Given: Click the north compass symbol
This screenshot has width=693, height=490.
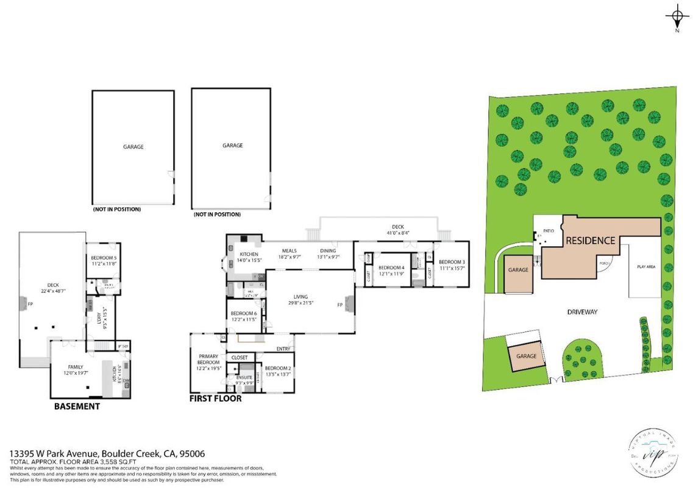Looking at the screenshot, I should point(677,16).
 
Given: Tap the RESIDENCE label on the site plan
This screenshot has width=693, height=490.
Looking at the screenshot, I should point(590,240).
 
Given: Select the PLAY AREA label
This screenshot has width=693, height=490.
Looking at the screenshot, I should point(646,267).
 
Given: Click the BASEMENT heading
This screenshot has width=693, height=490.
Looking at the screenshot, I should point(77,406).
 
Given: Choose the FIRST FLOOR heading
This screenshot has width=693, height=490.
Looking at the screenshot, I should point(215,399).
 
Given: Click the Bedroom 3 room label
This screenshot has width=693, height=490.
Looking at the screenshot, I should point(452,261).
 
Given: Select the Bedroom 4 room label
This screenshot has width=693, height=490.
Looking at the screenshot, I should point(391,268).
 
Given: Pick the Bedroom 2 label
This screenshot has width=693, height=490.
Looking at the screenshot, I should point(277,368).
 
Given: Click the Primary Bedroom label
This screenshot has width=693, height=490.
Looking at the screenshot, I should point(208,360).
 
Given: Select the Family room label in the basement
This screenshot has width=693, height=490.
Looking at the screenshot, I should point(76,367).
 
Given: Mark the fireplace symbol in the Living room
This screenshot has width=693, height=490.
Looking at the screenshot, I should point(349,304).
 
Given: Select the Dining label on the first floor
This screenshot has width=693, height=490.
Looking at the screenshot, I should point(329,250).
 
